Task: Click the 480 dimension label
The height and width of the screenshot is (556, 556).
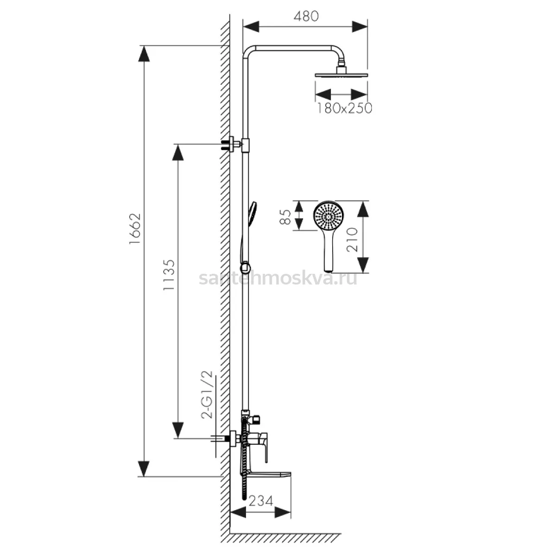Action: [x=306, y=16]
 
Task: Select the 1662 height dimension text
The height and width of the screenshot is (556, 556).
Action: [x=135, y=229]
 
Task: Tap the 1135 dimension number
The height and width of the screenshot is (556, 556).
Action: [x=169, y=275]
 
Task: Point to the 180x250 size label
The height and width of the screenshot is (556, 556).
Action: [x=345, y=108]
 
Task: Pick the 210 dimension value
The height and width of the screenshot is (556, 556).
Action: [x=352, y=240]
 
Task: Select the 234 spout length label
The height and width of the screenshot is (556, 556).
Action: [x=260, y=501]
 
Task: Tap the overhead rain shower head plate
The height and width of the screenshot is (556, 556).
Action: [x=341, y=75]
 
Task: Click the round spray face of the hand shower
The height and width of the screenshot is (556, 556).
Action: [x=329, y=216]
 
